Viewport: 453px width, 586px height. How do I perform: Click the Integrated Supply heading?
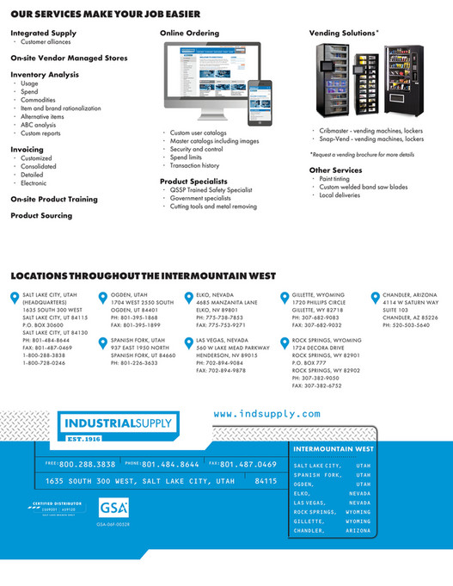tap(43, 33)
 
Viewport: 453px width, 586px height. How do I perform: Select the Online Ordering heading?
tap(189, 33)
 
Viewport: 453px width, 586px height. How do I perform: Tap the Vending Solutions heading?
tap(343, 33)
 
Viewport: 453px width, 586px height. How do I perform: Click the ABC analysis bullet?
tap(41, 126)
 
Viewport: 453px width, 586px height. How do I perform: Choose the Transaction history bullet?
tap(194, 165)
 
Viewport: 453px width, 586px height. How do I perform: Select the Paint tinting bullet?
tap(338, 179)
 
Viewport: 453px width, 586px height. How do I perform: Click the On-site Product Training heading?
tap(54, 199)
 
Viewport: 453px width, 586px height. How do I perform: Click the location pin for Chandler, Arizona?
tap(376, 298)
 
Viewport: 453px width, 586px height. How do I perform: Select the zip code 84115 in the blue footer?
tap(266, 481)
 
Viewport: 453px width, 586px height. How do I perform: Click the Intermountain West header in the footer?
tap(334, 448)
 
